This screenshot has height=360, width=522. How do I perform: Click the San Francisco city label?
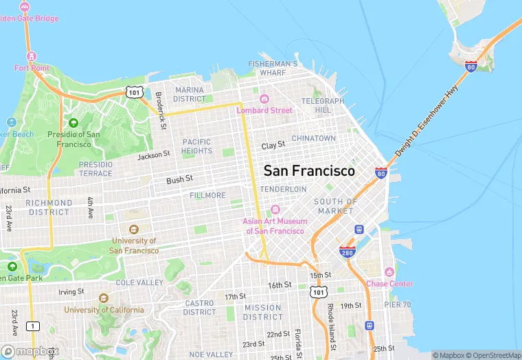point(309,171)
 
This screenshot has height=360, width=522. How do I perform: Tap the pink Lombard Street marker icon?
point(264,98)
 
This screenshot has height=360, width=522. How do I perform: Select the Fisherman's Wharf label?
point(273,68)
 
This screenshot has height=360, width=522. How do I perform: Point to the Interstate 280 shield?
point(347,252)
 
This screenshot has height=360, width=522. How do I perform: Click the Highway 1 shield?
point(32,325)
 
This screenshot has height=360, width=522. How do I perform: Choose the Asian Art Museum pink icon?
point(275,210)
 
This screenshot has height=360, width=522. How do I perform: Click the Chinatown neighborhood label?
point(314,138)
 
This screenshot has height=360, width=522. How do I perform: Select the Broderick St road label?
point(159,111)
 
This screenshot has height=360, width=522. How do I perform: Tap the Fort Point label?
point(31,68)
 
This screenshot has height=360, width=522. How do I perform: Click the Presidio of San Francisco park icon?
point(73,123)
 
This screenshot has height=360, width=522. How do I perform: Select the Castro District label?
point(199,307)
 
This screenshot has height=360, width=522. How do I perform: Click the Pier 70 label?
point(397,304)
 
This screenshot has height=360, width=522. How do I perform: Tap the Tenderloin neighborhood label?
point(283,189)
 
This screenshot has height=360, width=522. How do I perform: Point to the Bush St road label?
point(179,180)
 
